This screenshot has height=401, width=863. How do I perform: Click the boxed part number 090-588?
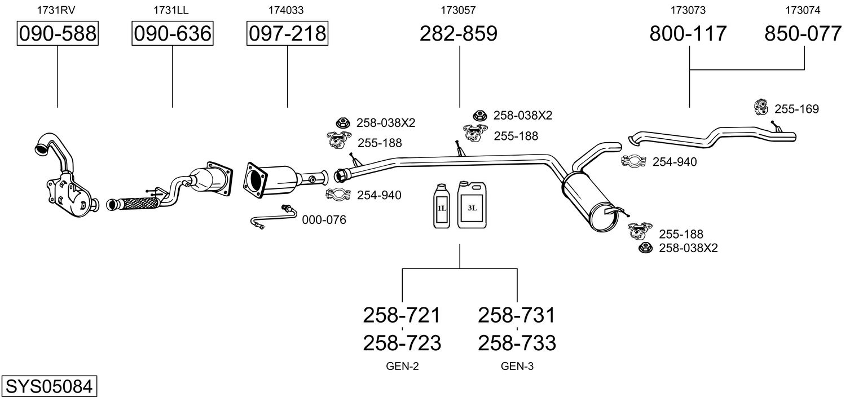tap(58, 34)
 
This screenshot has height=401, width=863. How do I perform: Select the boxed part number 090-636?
tap(172, 34)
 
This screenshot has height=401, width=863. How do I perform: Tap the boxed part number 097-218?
tap(287, 34)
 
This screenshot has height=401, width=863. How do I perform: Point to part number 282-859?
tap(459, 34)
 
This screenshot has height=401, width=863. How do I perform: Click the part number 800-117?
tap(688, 34)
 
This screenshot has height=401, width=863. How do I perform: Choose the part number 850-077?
tap(803, 34)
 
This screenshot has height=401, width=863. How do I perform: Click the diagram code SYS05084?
tap(48, 387)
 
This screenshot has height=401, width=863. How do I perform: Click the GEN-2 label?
tap(402, 367)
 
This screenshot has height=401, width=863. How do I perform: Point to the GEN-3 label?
tap(517, 367)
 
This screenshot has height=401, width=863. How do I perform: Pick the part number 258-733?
tap(517, 342)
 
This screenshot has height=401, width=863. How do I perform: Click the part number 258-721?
tap(402, 315)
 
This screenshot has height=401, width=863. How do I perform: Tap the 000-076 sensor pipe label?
tap(324, 220)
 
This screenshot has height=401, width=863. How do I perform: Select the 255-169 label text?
tap(796, 109)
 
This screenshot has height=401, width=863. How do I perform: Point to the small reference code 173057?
tap(459, 10)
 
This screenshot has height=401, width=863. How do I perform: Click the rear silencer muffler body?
tap(588, 200)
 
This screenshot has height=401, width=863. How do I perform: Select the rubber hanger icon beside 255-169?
tap(761, 107)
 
